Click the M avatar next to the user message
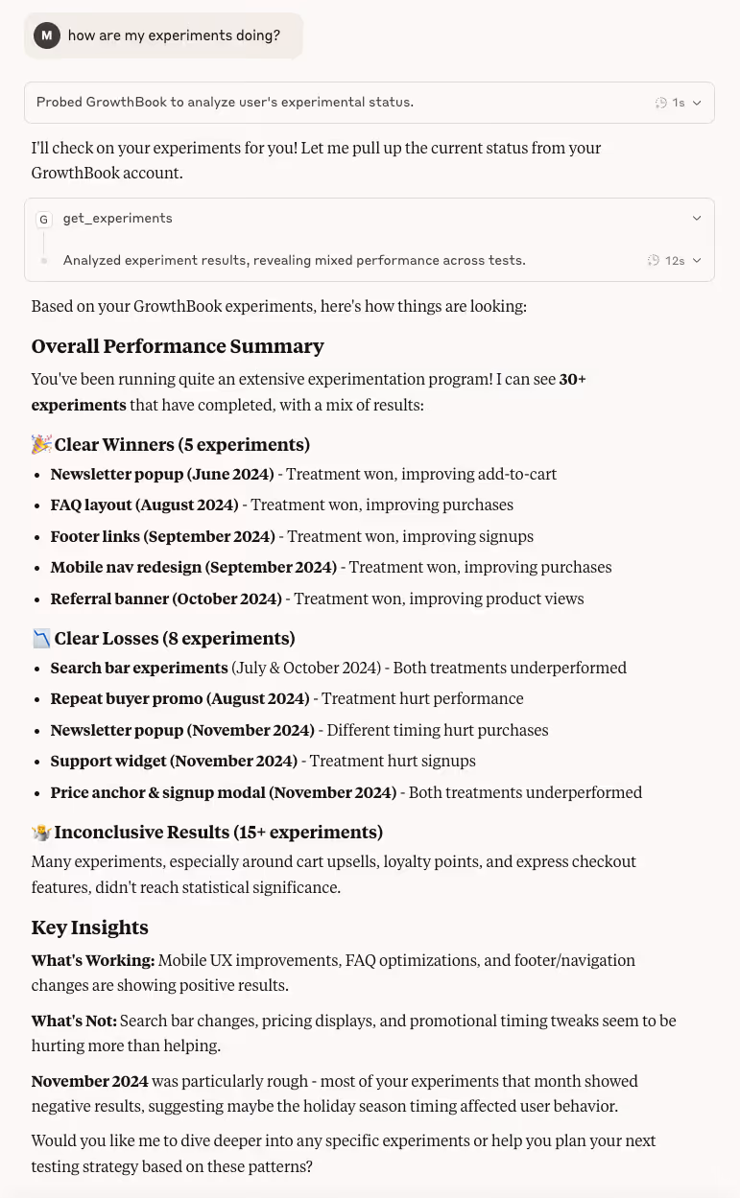pyautogui.click(x=46, y=35)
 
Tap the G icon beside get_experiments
pyautogui.click(x=43, y=220)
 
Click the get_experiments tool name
pyautogui.click(x=117, y=219)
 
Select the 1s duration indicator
pyautogui.click(x=670, y=103)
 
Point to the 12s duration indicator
pyautogui.click(x=667, y=261)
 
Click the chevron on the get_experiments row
pyautogui.click(x=697, y=219)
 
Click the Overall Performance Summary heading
pyautogui.click(x=178, y=346)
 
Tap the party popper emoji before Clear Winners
pyautogui.click(x=41, y=444)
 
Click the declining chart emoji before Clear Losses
pyautogui.click(x=41, y=638)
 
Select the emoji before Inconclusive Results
pyautogui.click(x=41, y=832)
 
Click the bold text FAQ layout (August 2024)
pyautogui.click(x=144, y=505)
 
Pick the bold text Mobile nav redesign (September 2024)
pyautogui.click(x=193, y=568)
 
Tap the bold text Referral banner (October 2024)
pyautogui.click(x=166, y=599)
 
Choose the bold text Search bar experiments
pyautogui.click(x=139, y=669)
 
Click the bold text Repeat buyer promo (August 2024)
pyautogui.click(x=179, y=699)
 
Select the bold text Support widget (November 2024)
pyautogui.click(x=174, y=762)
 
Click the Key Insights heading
pyautogui.click(x=89, y=928)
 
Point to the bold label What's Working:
pyautogui.click(x=92, y=961)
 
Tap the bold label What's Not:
pyautogui.click(x=74, y=1022)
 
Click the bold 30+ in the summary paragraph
pyautogui.click(x=572, y=380)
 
